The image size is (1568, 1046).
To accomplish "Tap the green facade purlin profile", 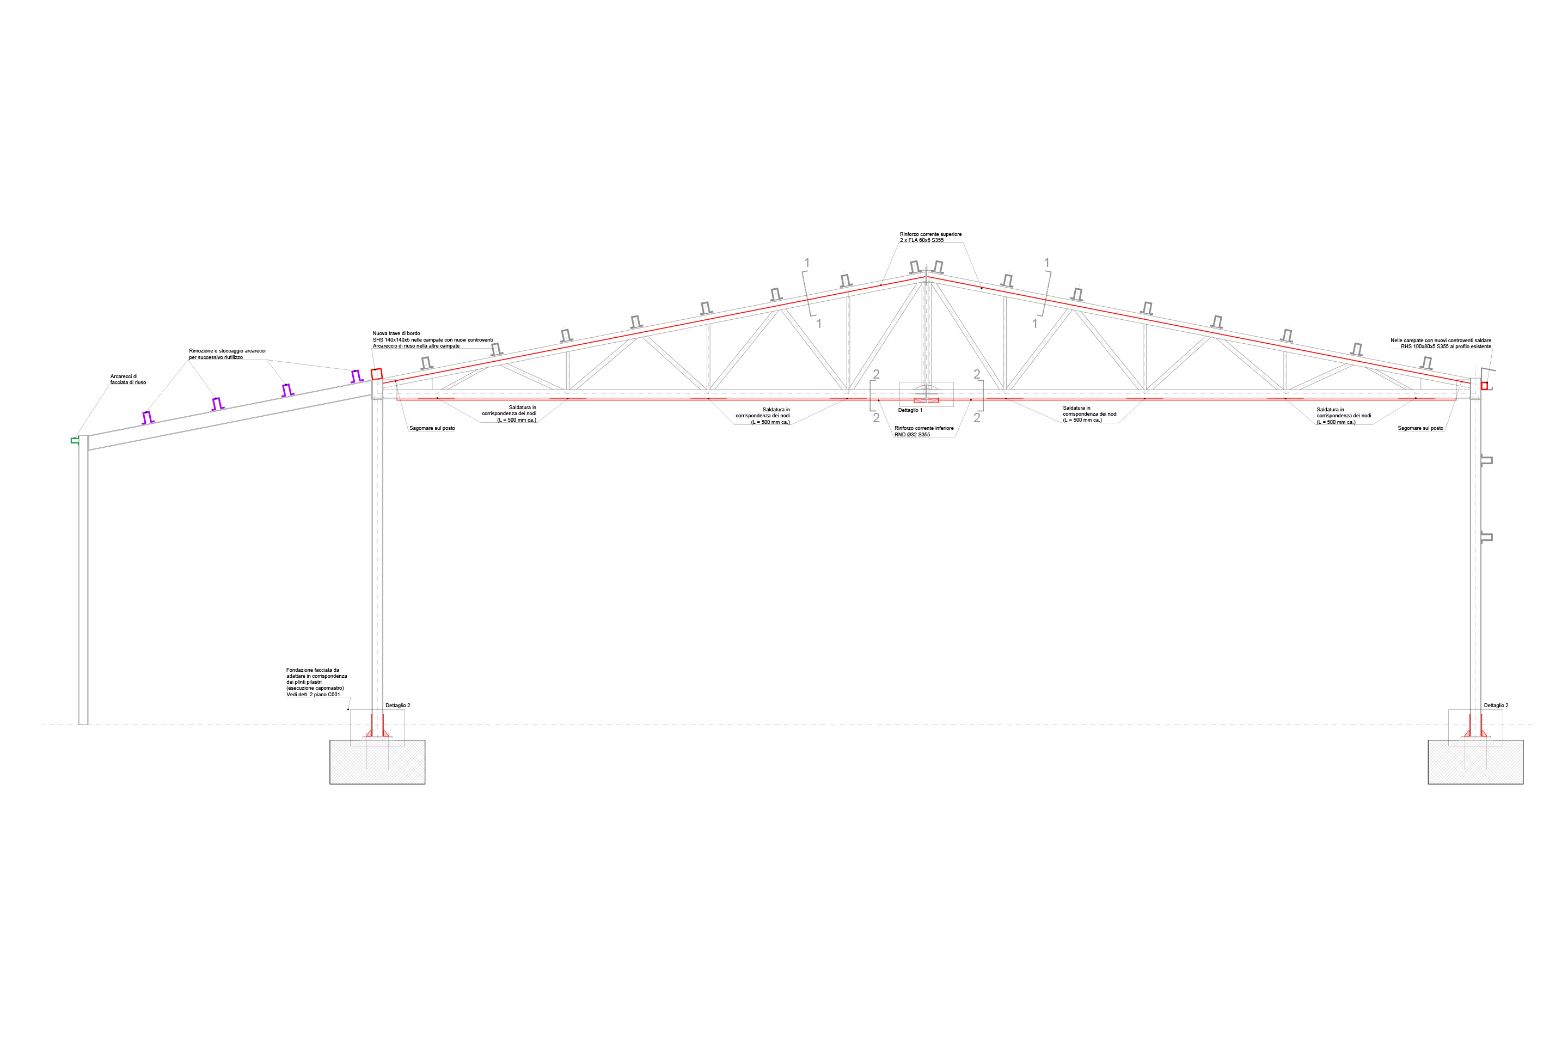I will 75,440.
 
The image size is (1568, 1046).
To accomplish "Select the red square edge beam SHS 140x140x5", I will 377,374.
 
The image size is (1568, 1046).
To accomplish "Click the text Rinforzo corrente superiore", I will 930,234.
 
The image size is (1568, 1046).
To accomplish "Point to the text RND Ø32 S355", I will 912,435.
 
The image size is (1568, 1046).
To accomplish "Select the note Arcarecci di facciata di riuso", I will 127,380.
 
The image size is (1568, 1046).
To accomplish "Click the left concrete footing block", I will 377,762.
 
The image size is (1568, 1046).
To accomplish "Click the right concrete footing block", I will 1475,762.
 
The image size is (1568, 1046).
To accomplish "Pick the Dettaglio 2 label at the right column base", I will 1496,705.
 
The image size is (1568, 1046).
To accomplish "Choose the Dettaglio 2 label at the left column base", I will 397,705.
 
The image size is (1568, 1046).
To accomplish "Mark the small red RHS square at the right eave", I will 1485,386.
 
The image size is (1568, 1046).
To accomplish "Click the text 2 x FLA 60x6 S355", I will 921,240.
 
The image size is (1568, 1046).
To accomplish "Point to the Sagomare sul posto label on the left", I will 432,428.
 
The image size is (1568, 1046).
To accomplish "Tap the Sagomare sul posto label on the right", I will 1420,428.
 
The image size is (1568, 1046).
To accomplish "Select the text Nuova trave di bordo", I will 396,333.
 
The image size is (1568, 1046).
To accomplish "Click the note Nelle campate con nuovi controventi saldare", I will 1441,340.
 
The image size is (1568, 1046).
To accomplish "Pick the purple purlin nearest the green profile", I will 148,418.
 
